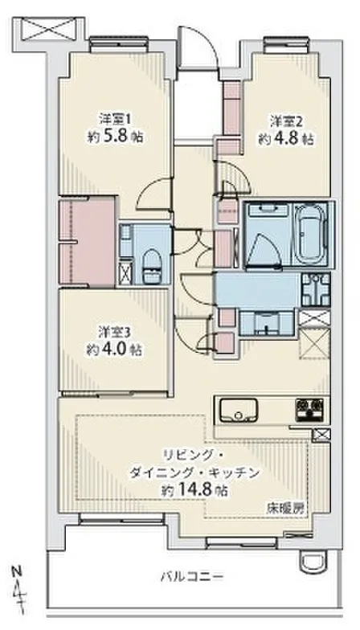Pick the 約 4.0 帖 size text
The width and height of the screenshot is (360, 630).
tap(114, 350)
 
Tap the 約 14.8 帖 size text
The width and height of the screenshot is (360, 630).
tap(193, 490)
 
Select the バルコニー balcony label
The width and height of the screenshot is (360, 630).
tap(191, 577)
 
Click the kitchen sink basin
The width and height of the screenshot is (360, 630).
tap(238, 410)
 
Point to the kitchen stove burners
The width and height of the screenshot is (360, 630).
tap(309, 410)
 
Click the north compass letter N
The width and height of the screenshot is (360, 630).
tap(16, 571)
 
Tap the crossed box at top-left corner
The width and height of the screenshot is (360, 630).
tap(48, 28)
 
